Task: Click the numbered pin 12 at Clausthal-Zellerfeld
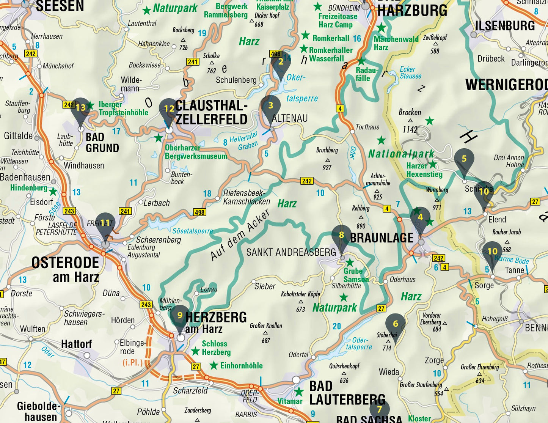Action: pyautogui.click(x=169, y=109)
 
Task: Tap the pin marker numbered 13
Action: pyautogui.click(x=80, y=108)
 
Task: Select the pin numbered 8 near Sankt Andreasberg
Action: pyautogui.click(x=342, y=236)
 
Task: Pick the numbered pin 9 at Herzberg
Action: pyautogui.click(x=180, y=316)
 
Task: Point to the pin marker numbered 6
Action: pyautogui.click(x=396, y=324)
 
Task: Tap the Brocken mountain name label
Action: pyautogui.click(x=410, y=112)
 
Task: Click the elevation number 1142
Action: pyautogui.click(x=410, y=130)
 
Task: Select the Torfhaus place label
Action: pyautogui.click(x=367, y=127)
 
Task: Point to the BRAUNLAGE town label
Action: pyautogui.click(x=382, y=238)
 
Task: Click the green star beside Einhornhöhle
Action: pyautogui.click(x=214, y=365)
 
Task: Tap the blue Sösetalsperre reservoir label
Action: pyautogui.click(x=193, y=231)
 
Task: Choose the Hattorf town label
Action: pyautogui.click(x=77, y=344)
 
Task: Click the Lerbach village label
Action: pyautogui.click(x=156, y=203)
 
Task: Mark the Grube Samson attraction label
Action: pyautogui.click(x=356, y=275)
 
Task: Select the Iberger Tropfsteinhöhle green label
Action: pyautogui.click(x=123, y=109)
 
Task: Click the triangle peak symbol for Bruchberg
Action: pyautogui.click(x=327, y=160)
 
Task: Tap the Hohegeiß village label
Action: pyautogui.click(x=495, y=319)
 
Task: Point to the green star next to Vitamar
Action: pyautogui.click(x=299, y=392)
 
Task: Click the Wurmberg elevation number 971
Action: pyautogui.click(x=437, y=208)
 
